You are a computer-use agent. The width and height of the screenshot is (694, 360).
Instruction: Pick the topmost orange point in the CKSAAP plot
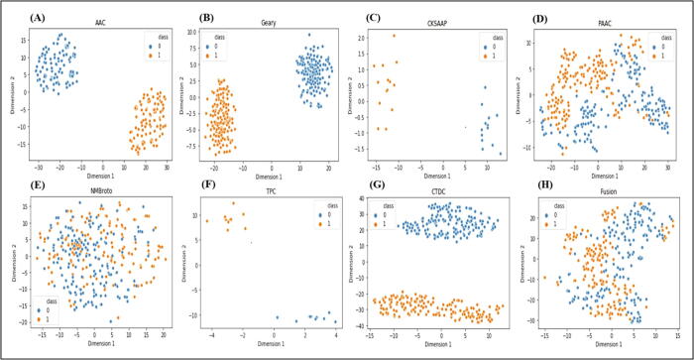394,36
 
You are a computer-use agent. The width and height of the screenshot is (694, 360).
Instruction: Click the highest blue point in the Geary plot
309,35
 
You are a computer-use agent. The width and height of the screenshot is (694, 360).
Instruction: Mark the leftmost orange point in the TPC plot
207,221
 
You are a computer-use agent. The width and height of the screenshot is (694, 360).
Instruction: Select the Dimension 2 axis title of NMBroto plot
8,261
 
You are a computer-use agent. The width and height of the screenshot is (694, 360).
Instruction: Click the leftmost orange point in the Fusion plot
542,277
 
